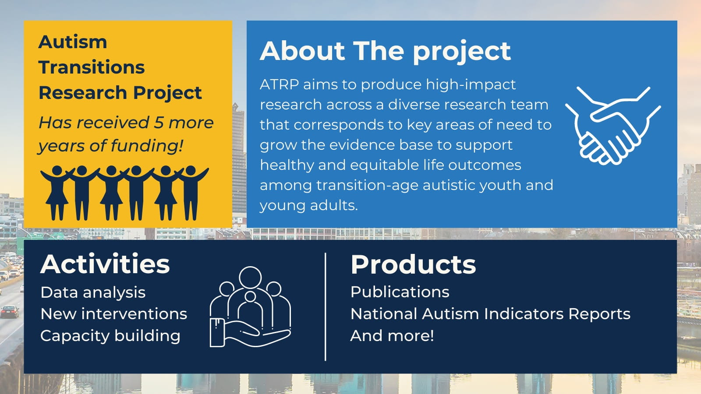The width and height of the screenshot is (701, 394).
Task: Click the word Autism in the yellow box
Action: [73, 42]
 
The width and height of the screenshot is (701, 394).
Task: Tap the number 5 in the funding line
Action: [159, 122]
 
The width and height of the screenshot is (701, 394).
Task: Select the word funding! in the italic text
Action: [147, 146]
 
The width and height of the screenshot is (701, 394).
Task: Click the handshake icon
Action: [613, 126]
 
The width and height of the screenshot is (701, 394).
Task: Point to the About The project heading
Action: [385, 51]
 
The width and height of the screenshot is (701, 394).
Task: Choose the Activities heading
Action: [105, 264]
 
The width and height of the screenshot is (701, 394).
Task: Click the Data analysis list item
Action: [93, 293]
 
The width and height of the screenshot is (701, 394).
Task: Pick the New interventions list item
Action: [114, 313]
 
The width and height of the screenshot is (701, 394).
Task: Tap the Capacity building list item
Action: [110, 336]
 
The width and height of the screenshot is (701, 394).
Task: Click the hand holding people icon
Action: [250, 307]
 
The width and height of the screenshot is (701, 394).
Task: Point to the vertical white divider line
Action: [326, 307]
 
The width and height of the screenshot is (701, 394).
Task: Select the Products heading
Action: [413, 264]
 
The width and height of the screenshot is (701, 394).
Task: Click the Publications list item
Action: [400, 292]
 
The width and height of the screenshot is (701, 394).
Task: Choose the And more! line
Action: [392, 336]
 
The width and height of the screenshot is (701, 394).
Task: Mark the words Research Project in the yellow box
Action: [120, 93]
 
